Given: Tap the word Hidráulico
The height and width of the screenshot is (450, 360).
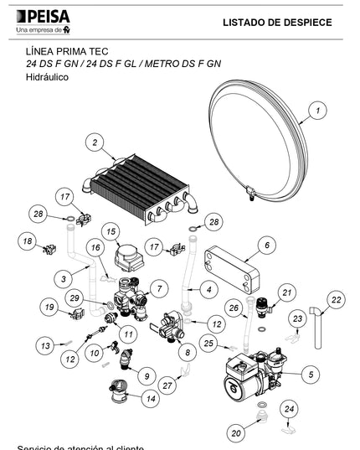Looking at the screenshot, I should pos(47,76).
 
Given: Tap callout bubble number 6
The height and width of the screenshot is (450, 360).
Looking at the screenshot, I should pos(267,246).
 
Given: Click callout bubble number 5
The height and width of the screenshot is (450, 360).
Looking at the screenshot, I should pos(311,374).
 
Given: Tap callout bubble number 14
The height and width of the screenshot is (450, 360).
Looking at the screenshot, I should pos(151,399).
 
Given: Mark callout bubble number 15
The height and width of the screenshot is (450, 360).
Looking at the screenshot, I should pos(111,230).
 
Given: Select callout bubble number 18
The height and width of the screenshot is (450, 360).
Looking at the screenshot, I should pos(28,241).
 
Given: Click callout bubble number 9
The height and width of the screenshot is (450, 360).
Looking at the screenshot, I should pos(146,375).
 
